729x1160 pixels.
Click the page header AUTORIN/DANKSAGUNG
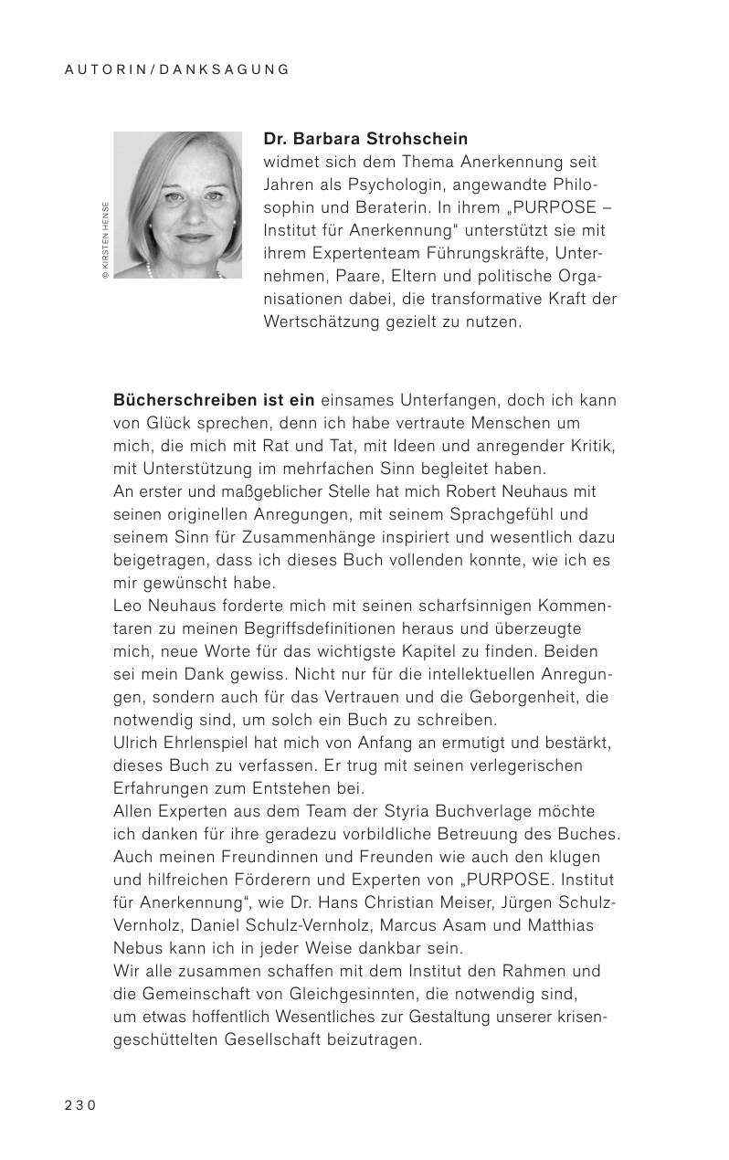point(177,69)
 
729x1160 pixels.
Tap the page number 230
point(79,1104)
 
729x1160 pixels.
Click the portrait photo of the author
point(177,205)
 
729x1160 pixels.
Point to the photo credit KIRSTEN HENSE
point(106,239)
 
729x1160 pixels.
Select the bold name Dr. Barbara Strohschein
point(365,140)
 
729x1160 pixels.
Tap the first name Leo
point(126,606)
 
